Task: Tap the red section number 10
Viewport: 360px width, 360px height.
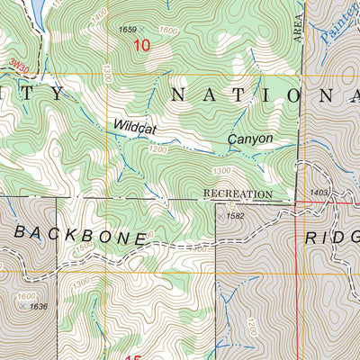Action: click(141, 45)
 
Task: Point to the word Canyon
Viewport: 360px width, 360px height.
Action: click(248, 139)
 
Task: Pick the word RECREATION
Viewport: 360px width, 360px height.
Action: click(238, 193)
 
